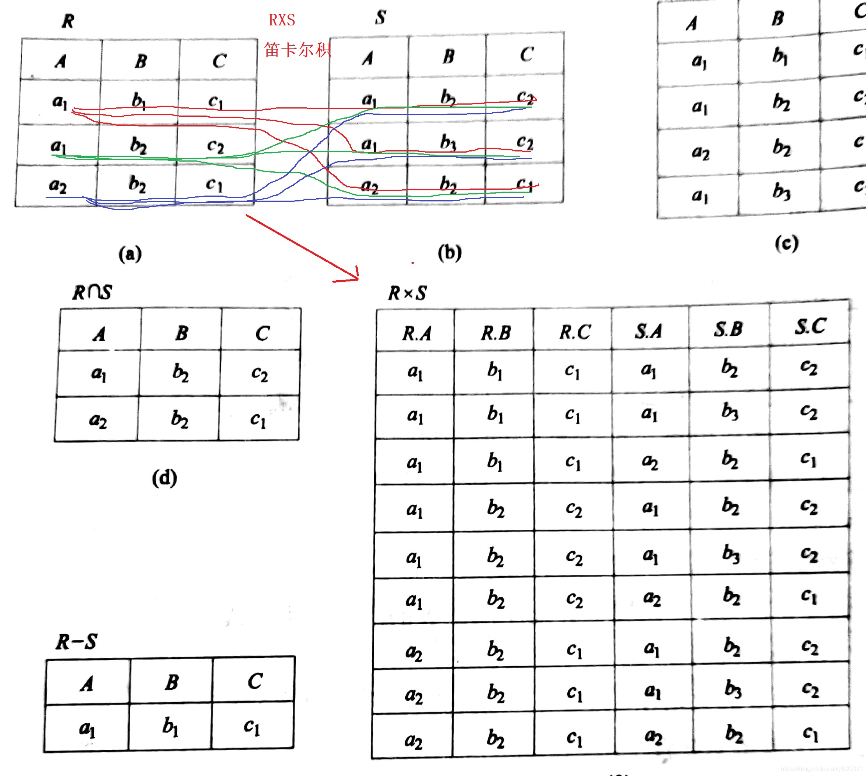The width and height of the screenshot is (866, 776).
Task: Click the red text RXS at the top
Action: tap(282, 20)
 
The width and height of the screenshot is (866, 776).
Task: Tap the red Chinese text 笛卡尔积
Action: tap(297, 50)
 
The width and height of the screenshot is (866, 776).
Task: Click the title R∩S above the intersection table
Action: tap(92, 292)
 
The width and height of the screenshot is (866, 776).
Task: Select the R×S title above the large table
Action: tap(407, 294)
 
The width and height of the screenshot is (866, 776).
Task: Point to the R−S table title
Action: tap(77, 642)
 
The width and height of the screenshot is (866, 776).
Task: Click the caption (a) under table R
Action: tap(130, 254)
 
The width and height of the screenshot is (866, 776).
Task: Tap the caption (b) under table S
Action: tap(450, 253)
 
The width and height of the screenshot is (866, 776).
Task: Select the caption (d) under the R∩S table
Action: tap(165, 478)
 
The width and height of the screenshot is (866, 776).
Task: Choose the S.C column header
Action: tap(810, 327)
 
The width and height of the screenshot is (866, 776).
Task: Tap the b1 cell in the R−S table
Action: tap(170, 727)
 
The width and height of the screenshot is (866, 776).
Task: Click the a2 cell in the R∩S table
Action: tap(98, 420)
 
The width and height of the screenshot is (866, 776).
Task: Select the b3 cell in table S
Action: tap(448, 142)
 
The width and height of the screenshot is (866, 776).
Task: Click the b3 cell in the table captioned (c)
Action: tap(781, 192)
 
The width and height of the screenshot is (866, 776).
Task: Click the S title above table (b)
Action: tap(381, 18)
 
